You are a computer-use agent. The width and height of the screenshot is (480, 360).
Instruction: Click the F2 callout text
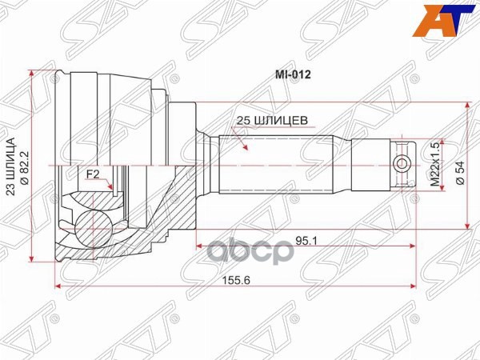tap(93, 173)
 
